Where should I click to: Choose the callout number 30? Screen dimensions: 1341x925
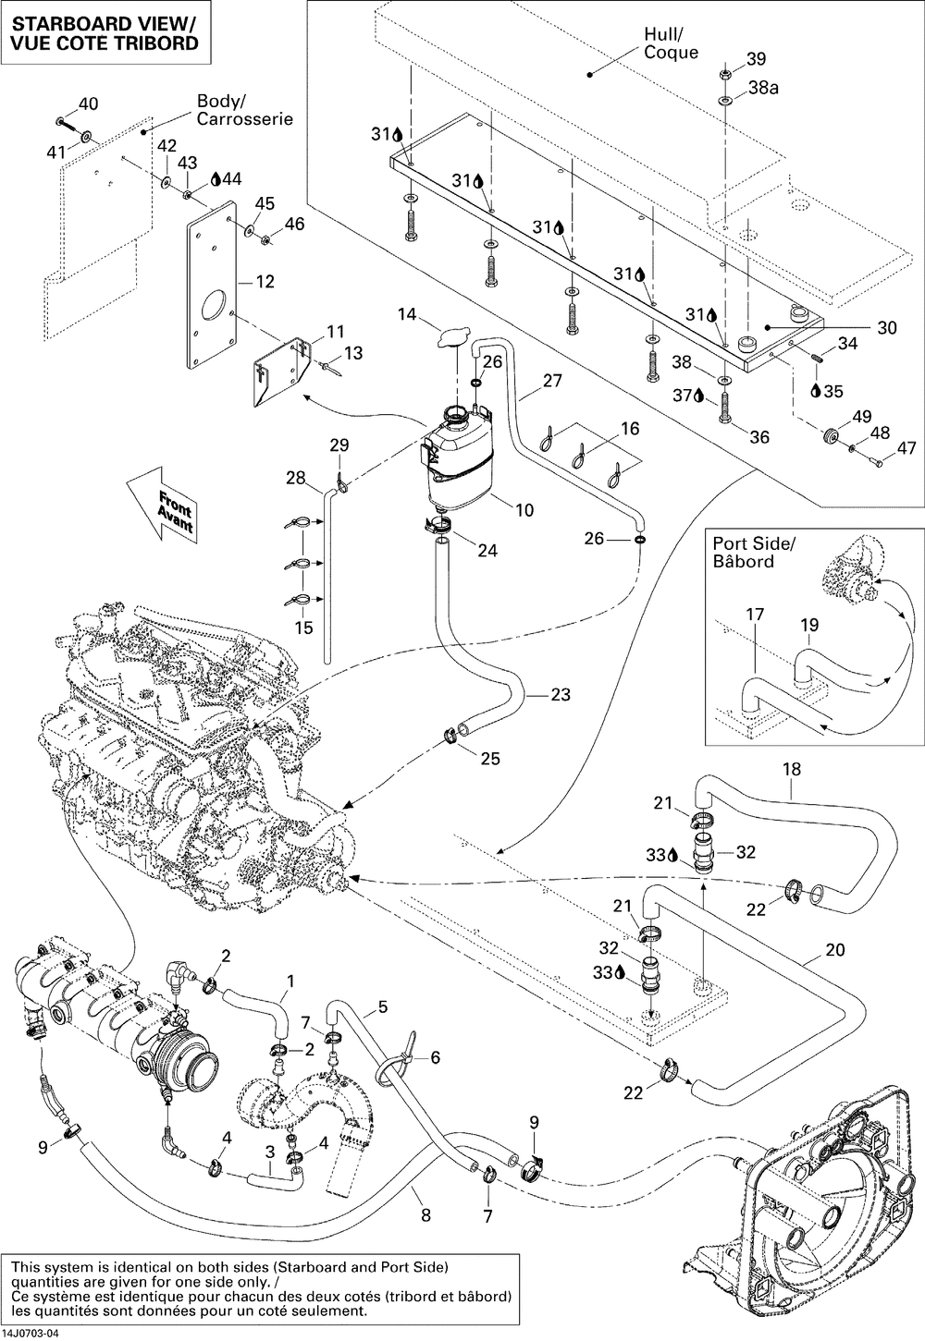click(886, 327)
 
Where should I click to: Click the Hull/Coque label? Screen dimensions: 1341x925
click(672, 43)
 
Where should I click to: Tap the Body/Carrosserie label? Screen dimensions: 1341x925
click(244, 110)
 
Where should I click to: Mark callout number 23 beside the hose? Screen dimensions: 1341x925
click(560, 695)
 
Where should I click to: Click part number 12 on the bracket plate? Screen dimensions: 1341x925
click(265, 281)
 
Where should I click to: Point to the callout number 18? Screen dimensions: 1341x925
click(791, 769)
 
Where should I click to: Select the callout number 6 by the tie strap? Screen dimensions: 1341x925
click(436, 1057)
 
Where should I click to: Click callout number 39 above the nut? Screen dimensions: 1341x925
click(757, 59)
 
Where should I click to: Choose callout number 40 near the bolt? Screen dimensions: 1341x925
click(88, 104)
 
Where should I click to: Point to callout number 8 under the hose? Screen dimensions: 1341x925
click(426, 1216)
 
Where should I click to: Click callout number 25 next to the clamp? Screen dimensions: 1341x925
click(490, 758)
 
